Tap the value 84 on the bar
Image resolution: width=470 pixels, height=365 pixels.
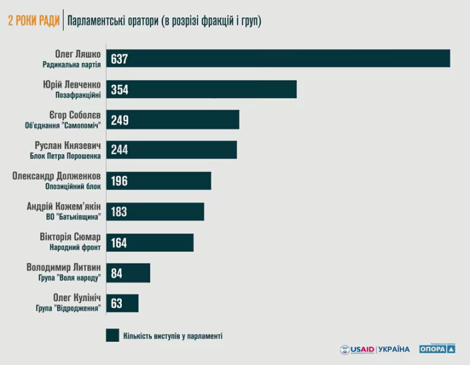click(116, 273)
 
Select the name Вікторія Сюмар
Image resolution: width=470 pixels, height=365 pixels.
click(72, 236)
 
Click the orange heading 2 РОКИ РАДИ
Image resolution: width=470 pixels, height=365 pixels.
click(33, 21)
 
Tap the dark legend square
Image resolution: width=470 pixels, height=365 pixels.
click(112, 335)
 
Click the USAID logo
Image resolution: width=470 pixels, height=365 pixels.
click(357, 349)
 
